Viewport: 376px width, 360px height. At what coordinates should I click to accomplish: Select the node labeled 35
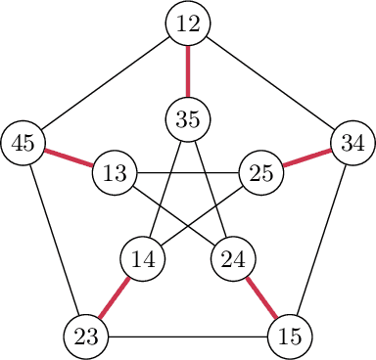(x=188, y=119)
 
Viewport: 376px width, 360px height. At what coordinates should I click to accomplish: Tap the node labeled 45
(x=24, y=143)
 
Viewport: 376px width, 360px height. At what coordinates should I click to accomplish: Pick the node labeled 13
(x=115, y=174)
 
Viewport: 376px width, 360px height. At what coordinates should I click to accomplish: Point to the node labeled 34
(x=352, y=143)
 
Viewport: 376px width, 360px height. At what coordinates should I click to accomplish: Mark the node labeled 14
(x=143, y=260)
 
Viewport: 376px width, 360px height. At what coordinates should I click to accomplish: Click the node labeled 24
(x=234, y=260)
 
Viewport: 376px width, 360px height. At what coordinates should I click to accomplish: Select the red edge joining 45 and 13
(x=70, y=158)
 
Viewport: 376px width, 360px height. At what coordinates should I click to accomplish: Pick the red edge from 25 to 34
(x=306, y=158)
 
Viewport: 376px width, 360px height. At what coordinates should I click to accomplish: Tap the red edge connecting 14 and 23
(x=115, y=298)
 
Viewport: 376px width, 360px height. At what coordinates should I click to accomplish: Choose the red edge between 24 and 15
(x=261, y=298)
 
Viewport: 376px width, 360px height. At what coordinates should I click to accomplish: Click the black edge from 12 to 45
(x=106, y=84)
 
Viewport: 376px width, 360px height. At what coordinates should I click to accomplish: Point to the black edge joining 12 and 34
(x=270, y=84)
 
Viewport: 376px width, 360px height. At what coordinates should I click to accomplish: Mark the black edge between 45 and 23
(x=56, y=240)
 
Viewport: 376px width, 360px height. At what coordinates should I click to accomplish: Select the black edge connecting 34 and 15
(x=320, y=240)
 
